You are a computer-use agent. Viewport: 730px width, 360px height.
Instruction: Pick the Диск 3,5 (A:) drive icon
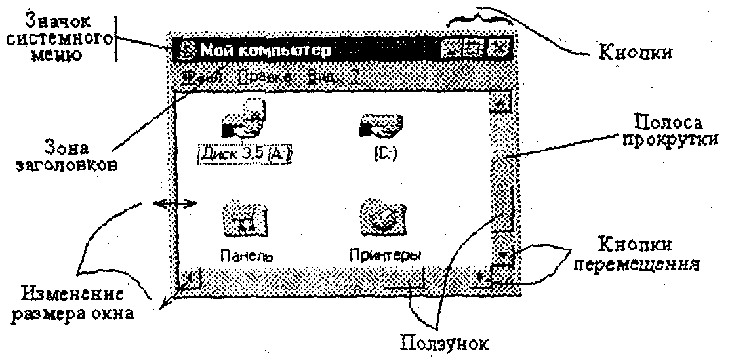[243, 121]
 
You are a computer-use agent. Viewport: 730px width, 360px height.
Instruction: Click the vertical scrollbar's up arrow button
[502, 102]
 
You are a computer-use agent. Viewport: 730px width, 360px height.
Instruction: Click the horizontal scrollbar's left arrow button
[190, 278]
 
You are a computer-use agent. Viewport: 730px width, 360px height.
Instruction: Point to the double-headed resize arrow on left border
[174, 204]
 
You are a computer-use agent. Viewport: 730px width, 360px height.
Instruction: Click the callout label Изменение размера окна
[78, 302]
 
